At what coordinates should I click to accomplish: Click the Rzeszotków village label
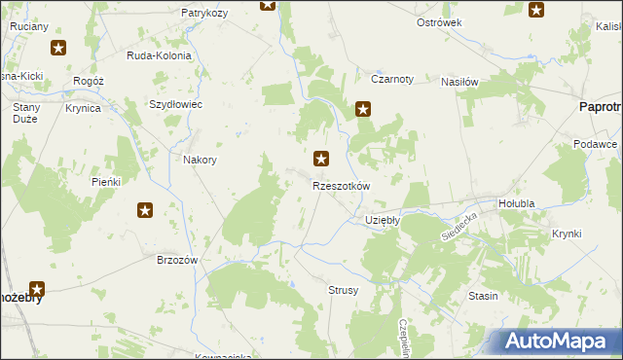pyautogui.click(x=342, y=185)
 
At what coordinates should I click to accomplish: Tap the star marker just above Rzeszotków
pyautogui.click(x=321, y=157)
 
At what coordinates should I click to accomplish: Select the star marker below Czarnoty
pyautogui.click(x=363, y=110)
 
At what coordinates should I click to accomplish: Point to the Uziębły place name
pyautogui.click(x=383, y=220)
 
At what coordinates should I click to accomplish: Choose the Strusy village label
pyautogui.click(x=343, y=290)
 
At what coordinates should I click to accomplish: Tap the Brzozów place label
pyautogui.click(x=177, y=260)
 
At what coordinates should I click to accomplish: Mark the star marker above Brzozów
pyautogui.click(x=145, y=209)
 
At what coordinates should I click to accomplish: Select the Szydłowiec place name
pyautogui.click(x=175, y=104)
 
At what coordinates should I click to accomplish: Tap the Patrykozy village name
pyautogui.click(x=204, y=13)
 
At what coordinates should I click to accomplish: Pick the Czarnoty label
pyautogui.click(x=392, y=80)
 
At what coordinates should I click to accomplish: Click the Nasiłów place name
pyautogui.click(x=459, y=83)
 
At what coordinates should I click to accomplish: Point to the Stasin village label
pyautogui.click(x=483, y=295)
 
